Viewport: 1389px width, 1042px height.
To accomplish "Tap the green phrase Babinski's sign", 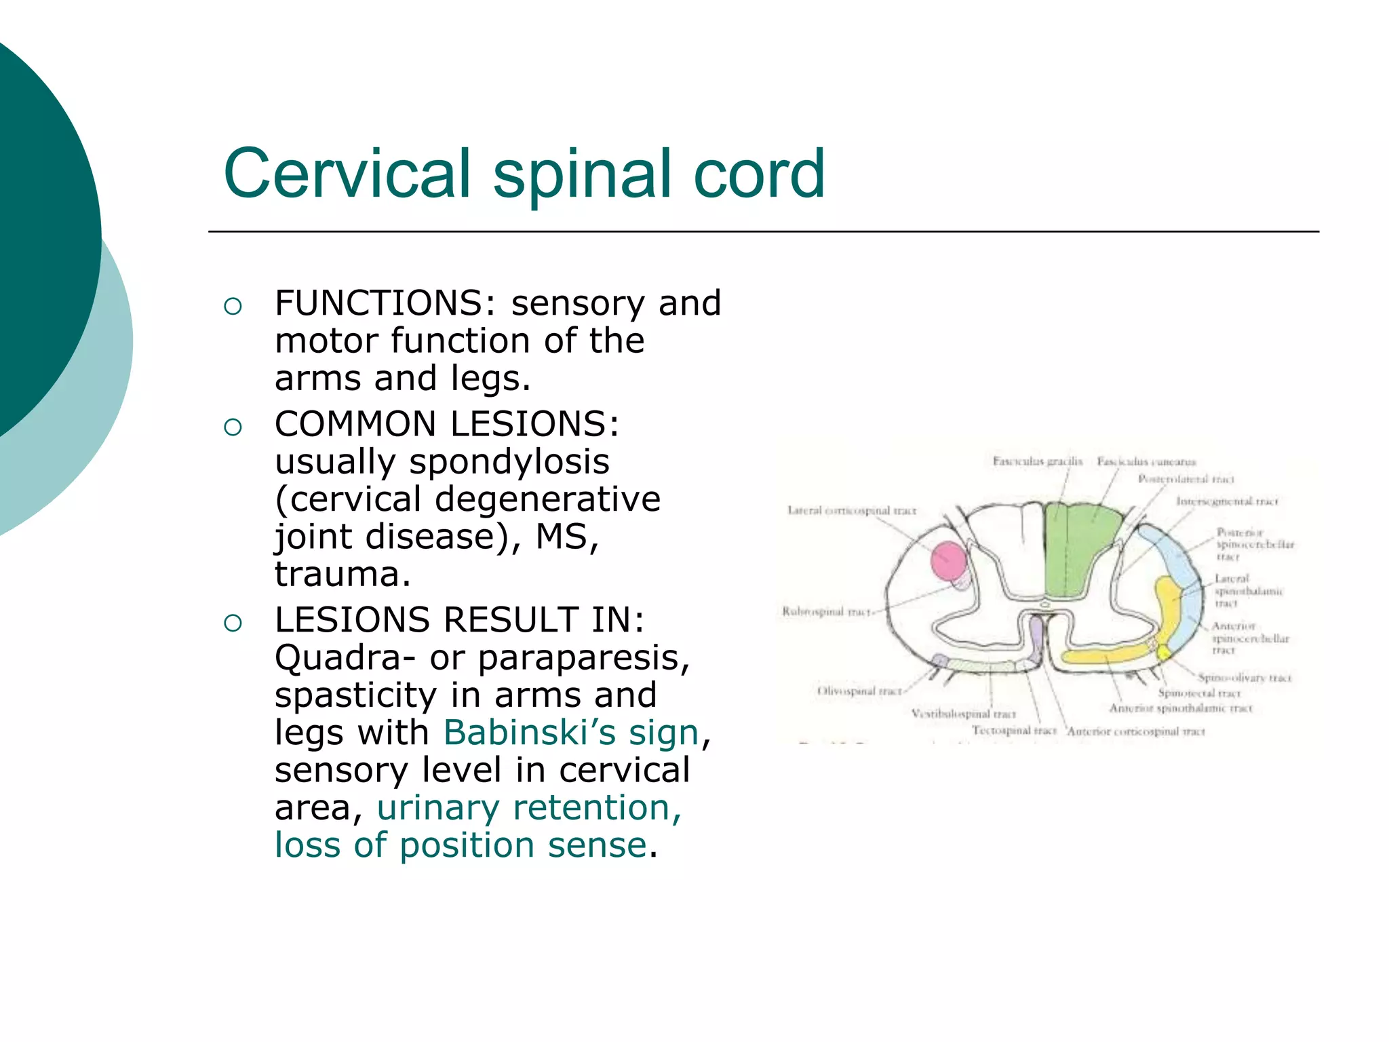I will [x=571, y=733].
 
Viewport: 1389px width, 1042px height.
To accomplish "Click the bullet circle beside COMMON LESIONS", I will [x=233, y=427].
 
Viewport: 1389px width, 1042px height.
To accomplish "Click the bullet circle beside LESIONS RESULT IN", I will [x=233, y=623].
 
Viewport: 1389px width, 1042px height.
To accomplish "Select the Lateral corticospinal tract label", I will [x=851, y=510].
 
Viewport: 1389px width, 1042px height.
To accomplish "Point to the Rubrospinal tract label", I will [x=825, y=611].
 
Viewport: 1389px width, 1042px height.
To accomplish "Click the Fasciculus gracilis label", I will [x=1037, y=461].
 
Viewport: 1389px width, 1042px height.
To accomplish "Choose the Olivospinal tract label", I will [x=859, y=691].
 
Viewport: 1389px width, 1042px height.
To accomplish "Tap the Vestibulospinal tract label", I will [x=963, y=714].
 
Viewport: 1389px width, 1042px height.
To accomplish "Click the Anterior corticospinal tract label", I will [x=1137, y=731].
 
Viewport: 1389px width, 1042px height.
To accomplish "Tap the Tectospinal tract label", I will [x=1014, y=731].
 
